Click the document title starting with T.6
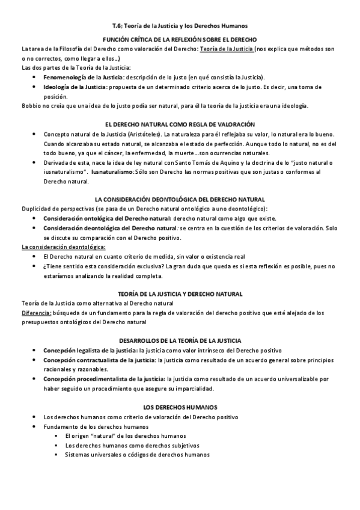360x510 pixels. point(180,25)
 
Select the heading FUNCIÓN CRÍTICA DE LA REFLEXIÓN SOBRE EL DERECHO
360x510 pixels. point(180,38)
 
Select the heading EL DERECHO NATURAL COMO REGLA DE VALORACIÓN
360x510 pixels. point(180,124)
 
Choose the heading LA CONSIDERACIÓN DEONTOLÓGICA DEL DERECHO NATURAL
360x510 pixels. point(180,199)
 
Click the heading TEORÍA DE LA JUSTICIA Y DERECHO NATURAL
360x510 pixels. point(180,294)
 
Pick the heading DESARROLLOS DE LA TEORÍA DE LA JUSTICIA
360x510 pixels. point(180,340)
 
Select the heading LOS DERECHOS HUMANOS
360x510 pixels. point(180,407)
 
